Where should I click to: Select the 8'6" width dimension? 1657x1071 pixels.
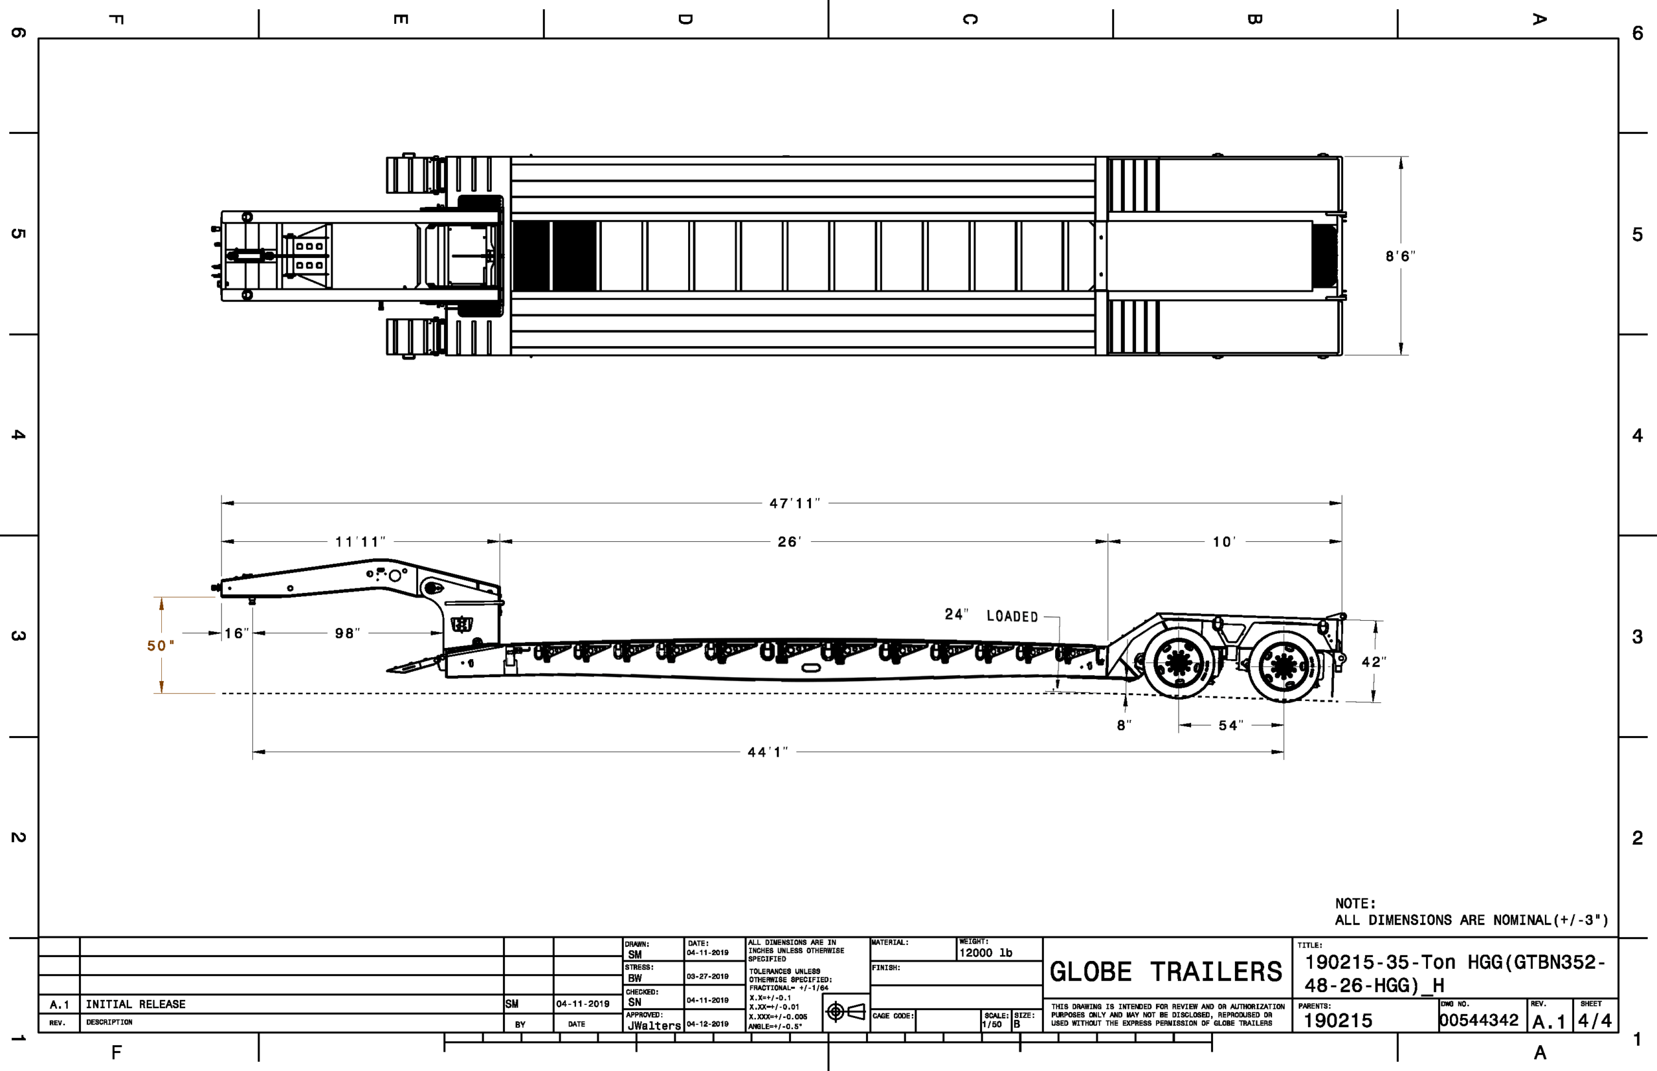[x=1400, y=256]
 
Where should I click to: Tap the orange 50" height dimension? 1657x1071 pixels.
[x=161, y=645]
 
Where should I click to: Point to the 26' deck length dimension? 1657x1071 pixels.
[x=790, y=541]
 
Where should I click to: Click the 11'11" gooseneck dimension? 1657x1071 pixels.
[x=360, y=541]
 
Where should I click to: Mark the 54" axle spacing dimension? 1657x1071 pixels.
[x=1230, y=726]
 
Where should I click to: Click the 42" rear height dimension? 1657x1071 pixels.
[x=1373, y=662]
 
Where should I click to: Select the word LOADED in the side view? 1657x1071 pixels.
[x=1012, y=616]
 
